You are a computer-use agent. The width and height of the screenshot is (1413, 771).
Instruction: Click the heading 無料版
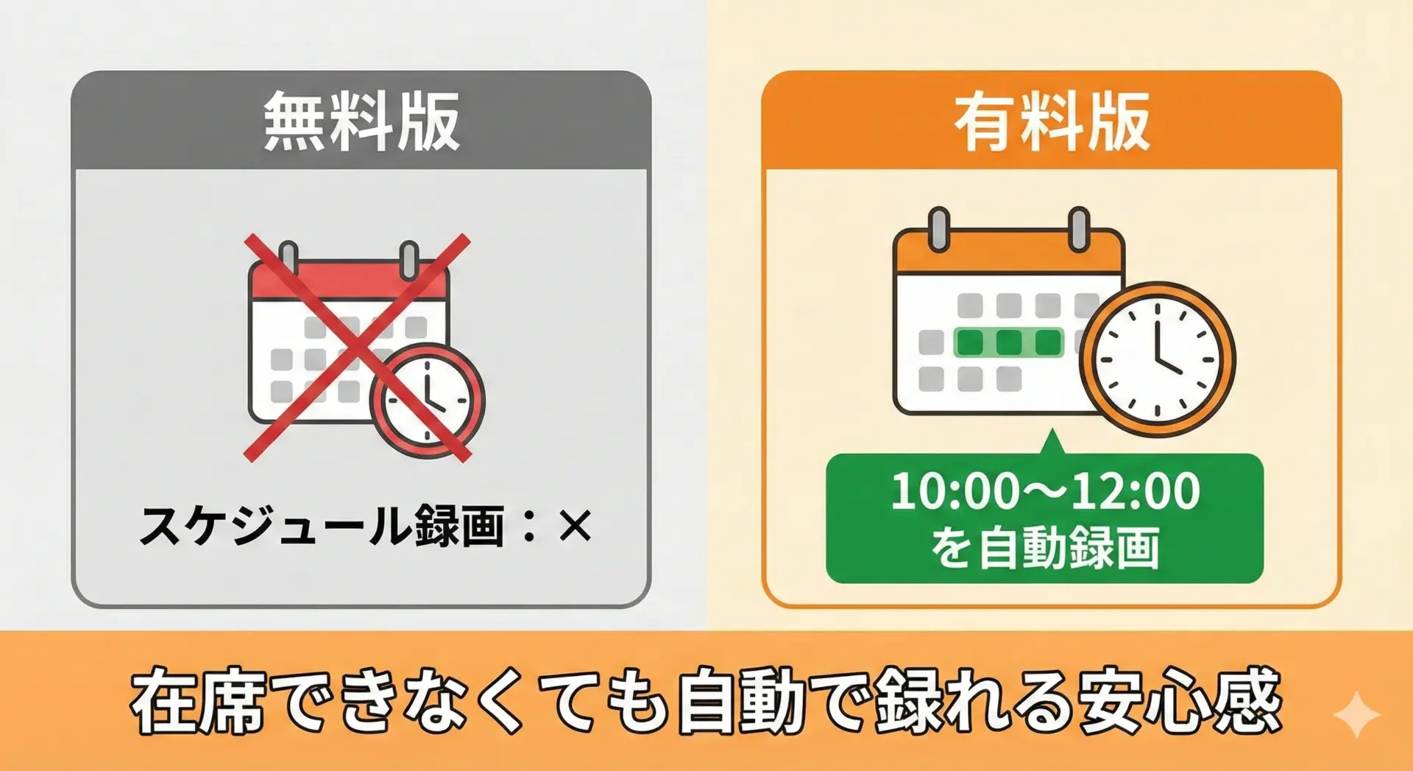(361, 122)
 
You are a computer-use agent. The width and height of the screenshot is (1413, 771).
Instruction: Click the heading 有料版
(1052, 122)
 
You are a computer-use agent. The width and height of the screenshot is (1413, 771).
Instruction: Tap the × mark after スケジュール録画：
(575, 527)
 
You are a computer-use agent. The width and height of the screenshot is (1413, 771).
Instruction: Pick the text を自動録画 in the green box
(1045, 548)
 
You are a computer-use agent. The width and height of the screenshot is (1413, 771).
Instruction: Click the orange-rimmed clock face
(1157, 360)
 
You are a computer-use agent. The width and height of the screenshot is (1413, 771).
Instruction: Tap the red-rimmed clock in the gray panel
(428, 401)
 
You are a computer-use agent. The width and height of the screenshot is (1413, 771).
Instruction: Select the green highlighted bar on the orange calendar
(1008, 342)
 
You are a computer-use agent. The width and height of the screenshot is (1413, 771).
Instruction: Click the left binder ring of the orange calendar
(939, 229)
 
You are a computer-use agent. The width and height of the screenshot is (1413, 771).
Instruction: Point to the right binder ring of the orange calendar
(1079, 229)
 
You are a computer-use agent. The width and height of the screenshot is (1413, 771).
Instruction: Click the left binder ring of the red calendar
(288, 258)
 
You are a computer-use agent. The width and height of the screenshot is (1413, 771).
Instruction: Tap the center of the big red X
(357, 348)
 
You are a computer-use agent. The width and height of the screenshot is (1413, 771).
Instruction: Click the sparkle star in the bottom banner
(1357, 714)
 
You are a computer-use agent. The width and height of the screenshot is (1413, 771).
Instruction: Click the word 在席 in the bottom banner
(198, 700)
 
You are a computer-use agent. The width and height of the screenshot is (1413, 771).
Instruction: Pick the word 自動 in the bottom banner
(743, 700)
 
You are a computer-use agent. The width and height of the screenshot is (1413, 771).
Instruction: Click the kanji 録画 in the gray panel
(460, 526)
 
